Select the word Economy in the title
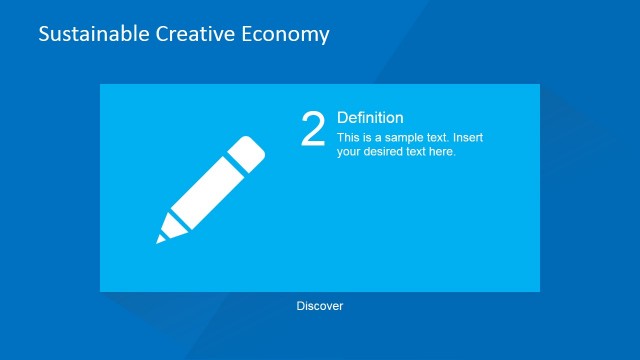(x=287, y=34)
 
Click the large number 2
(x=313, y=130)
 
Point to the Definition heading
(x=370, y=118)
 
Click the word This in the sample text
(x=348, y=138)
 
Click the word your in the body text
(x=350, y=152)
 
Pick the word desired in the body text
(x=388, y=152)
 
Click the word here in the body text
(x=441, y=152)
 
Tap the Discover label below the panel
(x=320, y=306)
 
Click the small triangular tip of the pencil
(x=160, y=239)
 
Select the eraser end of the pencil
(x=249, y=152)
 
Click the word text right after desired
(x=418, y=152)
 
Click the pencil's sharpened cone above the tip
(x=170, y=229)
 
